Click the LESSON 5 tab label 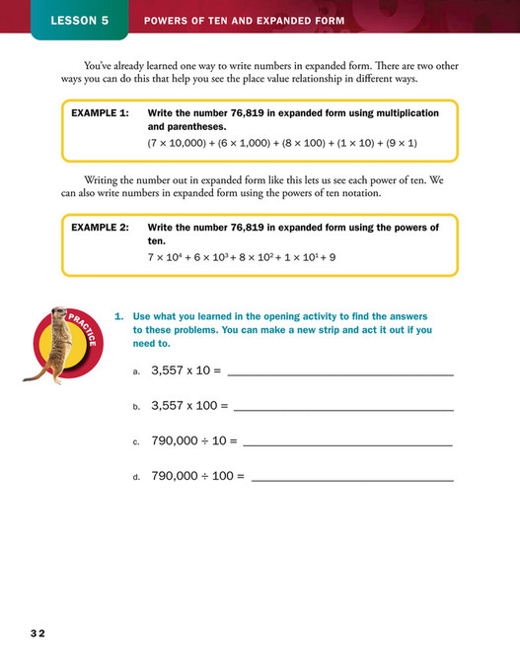pyautogui.click(x=80, y=20)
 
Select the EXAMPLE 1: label pyautogui.click(x=100, y=113)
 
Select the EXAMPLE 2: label pyautogui.click(x=100, y=227)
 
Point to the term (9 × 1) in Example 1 pyautogui.click(x=399, y=144)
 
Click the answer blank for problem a pyautogui.click(x=340, y=375)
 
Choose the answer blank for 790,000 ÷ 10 pyautogui.click(x=347, y=444)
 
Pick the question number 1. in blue pyautogui.click(x=119, y=316)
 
